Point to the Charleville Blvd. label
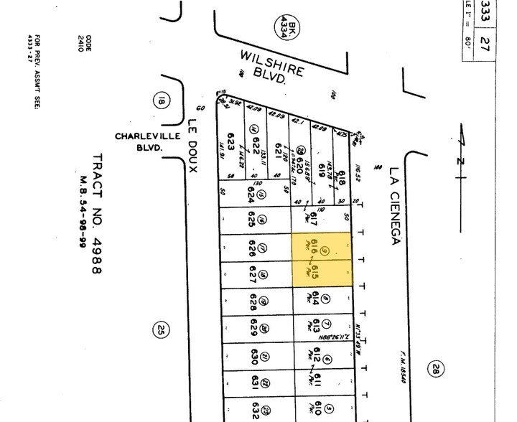(x=139, y=141)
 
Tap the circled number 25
(x=159, y=330)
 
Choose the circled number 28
(x=436, y=368)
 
